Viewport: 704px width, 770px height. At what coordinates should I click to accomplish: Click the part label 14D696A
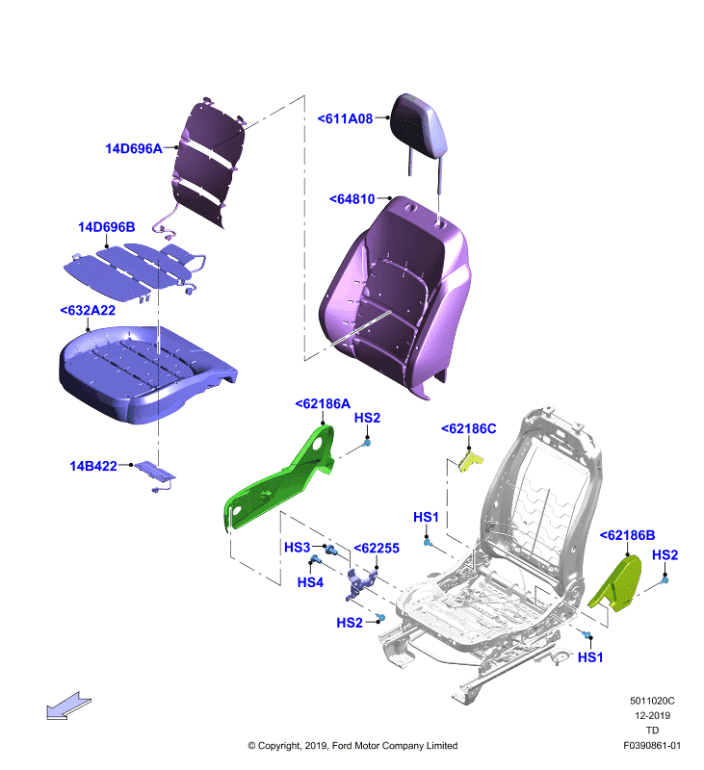134,148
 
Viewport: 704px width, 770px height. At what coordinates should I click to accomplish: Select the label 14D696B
107,227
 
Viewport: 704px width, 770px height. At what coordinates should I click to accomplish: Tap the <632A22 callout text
88,310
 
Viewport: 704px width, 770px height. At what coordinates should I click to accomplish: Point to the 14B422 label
93,466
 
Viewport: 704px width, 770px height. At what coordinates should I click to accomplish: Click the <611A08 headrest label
345,118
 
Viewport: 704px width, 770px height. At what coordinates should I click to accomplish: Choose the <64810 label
352,199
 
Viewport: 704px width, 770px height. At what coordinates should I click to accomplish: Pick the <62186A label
323,403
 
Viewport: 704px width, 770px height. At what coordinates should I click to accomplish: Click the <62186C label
469,428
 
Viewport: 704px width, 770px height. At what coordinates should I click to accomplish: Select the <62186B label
627,535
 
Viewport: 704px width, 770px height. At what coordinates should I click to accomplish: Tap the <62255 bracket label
377,548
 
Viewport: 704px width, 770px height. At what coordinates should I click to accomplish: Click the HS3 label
298,547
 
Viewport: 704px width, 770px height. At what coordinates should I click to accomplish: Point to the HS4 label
310,582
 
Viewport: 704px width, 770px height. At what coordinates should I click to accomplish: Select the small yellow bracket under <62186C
470,462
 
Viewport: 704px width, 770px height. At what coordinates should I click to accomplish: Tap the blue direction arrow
68,706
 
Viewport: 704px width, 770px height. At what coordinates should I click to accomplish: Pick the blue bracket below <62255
360,583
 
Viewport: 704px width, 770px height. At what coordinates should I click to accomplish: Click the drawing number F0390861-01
652,745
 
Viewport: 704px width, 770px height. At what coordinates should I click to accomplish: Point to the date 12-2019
652,715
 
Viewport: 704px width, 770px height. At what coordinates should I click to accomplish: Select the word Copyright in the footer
279,746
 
